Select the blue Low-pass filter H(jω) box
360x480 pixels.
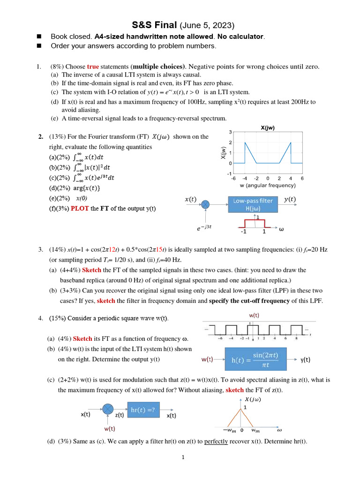point(253,204)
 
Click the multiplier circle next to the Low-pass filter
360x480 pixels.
point(205,204)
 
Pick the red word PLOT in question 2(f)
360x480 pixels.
point(80,208)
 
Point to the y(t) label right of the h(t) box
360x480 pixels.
point(306,360)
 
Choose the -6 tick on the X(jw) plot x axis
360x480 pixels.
point(233,178)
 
